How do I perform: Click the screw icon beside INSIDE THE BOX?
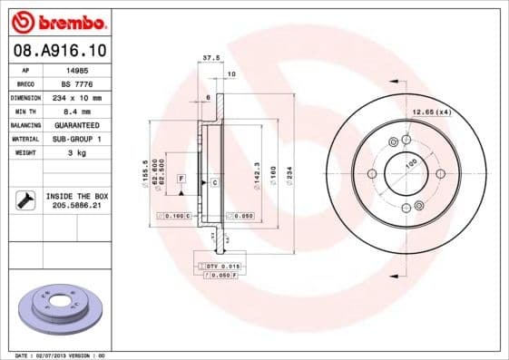tap(24, 200)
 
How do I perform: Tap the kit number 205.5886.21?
tap(76, 206)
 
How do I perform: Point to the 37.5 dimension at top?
tap(210, 57)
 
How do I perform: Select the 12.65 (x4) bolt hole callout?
tap(432, 112)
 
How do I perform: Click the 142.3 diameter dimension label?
tap(259, 171)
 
